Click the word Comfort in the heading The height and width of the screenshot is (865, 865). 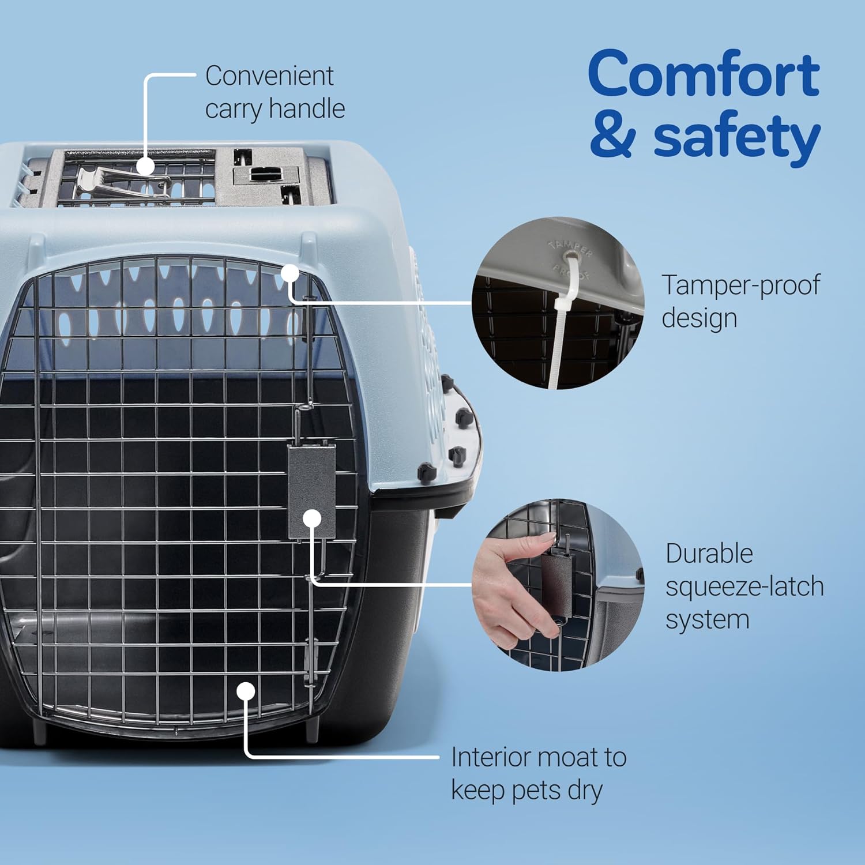(704, 74)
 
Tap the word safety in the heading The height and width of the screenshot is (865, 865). (736, 137)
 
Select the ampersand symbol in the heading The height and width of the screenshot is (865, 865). (613, 136)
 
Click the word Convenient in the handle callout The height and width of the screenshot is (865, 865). (269, 76)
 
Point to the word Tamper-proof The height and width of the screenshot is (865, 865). (740, 285)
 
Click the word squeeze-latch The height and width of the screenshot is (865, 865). (744, 586)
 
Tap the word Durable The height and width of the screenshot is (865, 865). (709, 554)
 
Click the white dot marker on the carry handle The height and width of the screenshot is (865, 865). (145, 166)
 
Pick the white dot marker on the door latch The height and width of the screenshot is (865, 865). (312, 518)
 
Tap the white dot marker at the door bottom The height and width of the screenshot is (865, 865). (246, 691)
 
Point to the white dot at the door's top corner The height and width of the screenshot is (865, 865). (290, 273)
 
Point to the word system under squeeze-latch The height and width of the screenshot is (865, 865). (707, 620)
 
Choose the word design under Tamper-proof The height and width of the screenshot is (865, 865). (699, 318)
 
